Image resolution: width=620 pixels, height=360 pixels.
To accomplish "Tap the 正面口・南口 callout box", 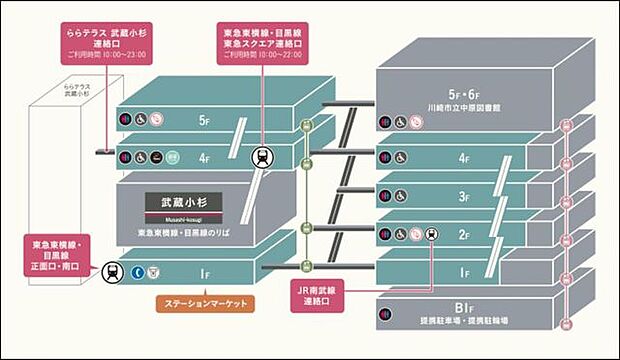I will point(61,254).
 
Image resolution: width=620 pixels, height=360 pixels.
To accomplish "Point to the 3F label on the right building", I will point(463,196).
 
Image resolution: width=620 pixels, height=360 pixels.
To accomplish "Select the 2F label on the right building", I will point(463,234).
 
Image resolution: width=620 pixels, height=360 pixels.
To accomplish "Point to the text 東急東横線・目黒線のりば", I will point(176,233).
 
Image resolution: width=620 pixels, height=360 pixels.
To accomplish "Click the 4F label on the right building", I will point(463,157).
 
